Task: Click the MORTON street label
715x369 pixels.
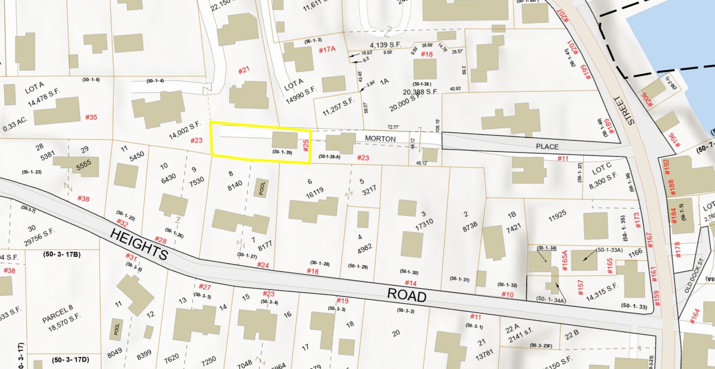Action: pos(380,139)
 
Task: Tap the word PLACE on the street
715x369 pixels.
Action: pos(547,146)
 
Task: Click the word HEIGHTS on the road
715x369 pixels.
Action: pos(139,244)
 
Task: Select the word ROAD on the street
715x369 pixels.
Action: pos(407,295)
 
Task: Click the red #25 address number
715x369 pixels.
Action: pos(306,146)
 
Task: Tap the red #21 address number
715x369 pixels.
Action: pos(244,70)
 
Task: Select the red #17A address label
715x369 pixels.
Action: pos(327,49)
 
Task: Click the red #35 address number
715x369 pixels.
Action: pos(91,117)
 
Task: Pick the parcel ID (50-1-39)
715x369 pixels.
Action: pos(282,152)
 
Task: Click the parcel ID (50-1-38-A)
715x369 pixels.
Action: pos(330,157)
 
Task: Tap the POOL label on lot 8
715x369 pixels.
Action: pos(262,188)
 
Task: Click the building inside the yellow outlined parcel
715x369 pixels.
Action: pos(285,140)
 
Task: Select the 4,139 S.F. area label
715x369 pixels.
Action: pos(385,45)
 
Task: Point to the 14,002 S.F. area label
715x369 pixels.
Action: pos(185,130)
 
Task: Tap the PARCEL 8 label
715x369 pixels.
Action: pos(57,314)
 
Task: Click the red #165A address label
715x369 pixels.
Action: pos(564,261)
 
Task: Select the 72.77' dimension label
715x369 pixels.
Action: pos(393,127)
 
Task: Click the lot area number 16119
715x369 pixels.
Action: pos(314,193)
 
